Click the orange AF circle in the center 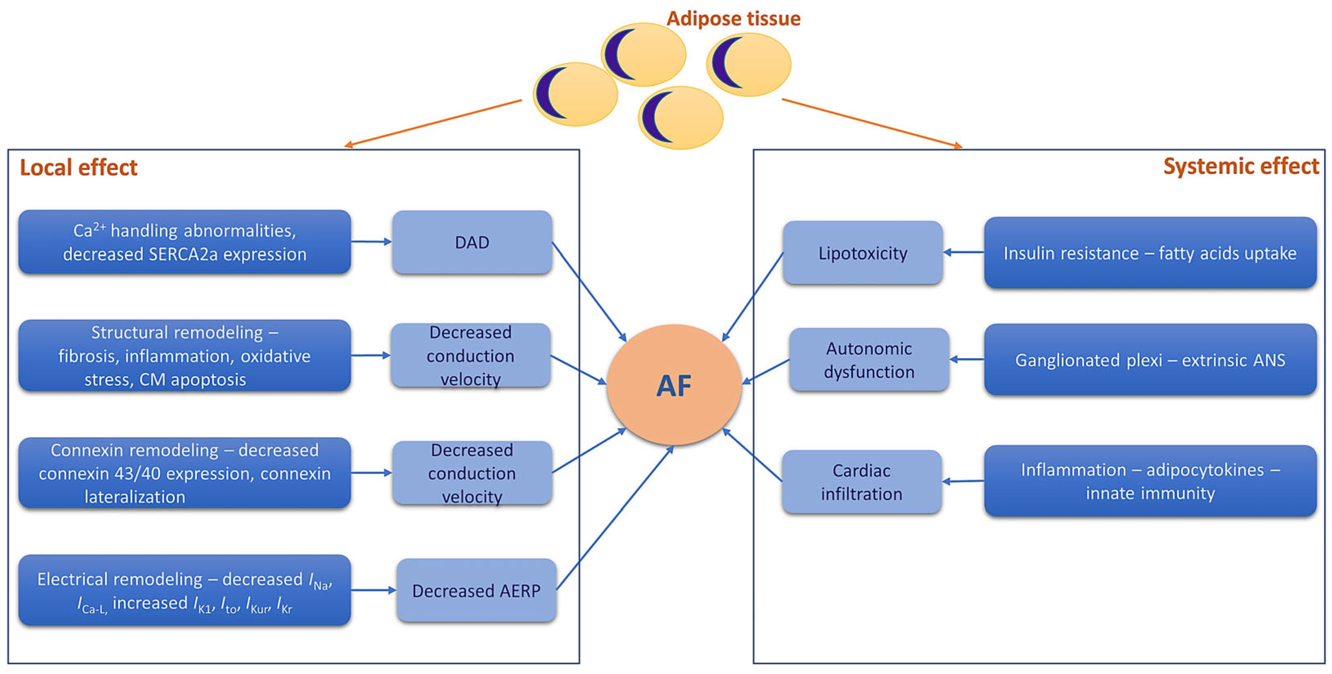tap(674, 385)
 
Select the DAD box tap(472, 242)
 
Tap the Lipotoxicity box tap(863, 253)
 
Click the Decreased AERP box tap(476, 590)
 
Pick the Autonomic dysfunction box tap(869, 359)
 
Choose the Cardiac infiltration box tap(861, 482)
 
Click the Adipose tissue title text tap(733, 19)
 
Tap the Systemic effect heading tap(1240, 166)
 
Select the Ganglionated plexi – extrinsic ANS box tap(1150, 359)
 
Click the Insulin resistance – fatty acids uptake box tap(1150, 253)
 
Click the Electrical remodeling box tap(184, 590)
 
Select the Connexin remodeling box tap(184, 473)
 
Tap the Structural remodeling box tap(184, 355)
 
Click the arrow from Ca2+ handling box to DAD tap(371, 241)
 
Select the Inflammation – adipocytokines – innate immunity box tap(1150, 481)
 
